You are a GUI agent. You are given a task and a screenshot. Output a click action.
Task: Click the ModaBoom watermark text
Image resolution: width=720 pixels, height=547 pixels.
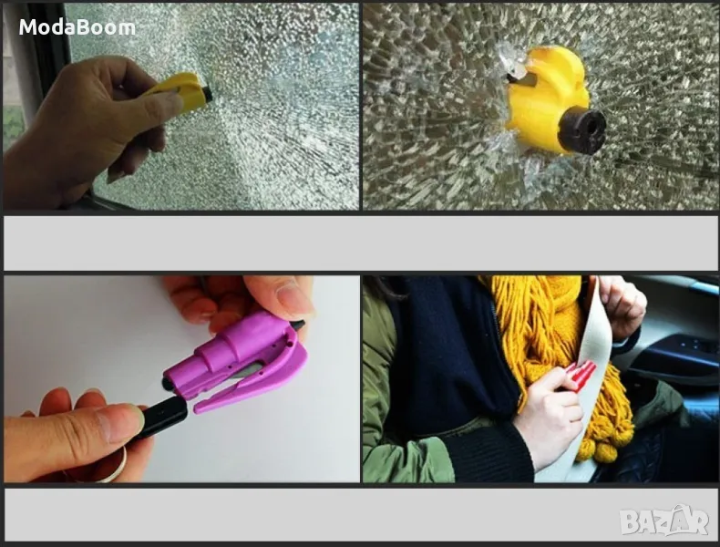tap(77, 27)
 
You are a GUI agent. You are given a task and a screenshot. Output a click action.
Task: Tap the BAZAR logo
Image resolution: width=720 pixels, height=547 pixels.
tap(664, 521)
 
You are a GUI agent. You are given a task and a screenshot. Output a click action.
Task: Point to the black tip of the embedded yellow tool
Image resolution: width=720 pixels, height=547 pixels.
tap(581, 132)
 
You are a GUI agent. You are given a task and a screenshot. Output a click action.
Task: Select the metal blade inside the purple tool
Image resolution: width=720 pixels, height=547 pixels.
tap(251, 370)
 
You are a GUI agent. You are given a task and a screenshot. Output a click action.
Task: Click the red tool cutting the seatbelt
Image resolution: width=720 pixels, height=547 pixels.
tap(580, 374)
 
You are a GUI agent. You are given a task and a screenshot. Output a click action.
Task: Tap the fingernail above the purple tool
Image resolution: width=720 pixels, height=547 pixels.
tap(293, 297)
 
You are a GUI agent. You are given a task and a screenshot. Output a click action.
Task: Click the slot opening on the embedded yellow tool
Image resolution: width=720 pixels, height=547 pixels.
tap(522, 79)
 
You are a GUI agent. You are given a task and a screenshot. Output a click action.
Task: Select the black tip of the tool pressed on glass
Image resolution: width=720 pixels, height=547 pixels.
tap(207, 94)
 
